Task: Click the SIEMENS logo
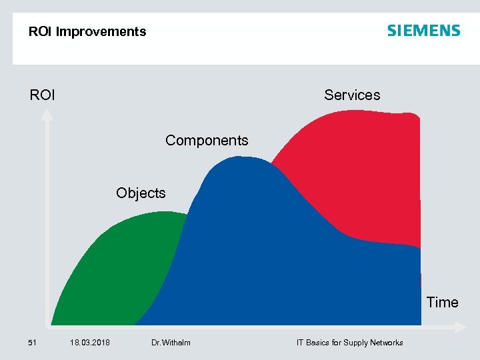423,31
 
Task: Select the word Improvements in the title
101,31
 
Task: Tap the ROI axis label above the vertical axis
43,95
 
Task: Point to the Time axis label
442,302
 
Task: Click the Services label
352,95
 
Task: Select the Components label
207,140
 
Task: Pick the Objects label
141,193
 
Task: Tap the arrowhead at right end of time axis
459,327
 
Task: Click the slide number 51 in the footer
32,343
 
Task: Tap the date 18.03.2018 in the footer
90,343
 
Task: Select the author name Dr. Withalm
171,343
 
